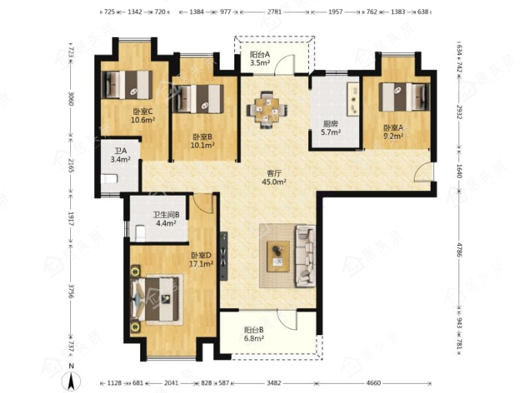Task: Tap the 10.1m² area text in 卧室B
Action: [x=203, y=146]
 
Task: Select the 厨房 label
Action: [x=331, y=124]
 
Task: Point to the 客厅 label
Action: [x=274, y=173]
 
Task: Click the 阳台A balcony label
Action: [x=260, y=54]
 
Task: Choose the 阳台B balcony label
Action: [x=254, y=330]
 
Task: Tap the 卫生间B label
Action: [x=166, y=214]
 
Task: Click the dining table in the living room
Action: [x=267, y=109]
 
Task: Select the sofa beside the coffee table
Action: [x=305, y=256]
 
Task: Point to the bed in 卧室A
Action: [x=405, y=97]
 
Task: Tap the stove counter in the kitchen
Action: [x=353, y=99]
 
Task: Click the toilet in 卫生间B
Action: [x=140, y=233]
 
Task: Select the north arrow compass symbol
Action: [x=71, y=378]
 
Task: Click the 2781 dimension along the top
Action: [x=274, y=12]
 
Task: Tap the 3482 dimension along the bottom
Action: [x=274, y=383]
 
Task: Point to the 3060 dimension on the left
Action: [x=71, y=99]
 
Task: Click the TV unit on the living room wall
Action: [x=224, y=257]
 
